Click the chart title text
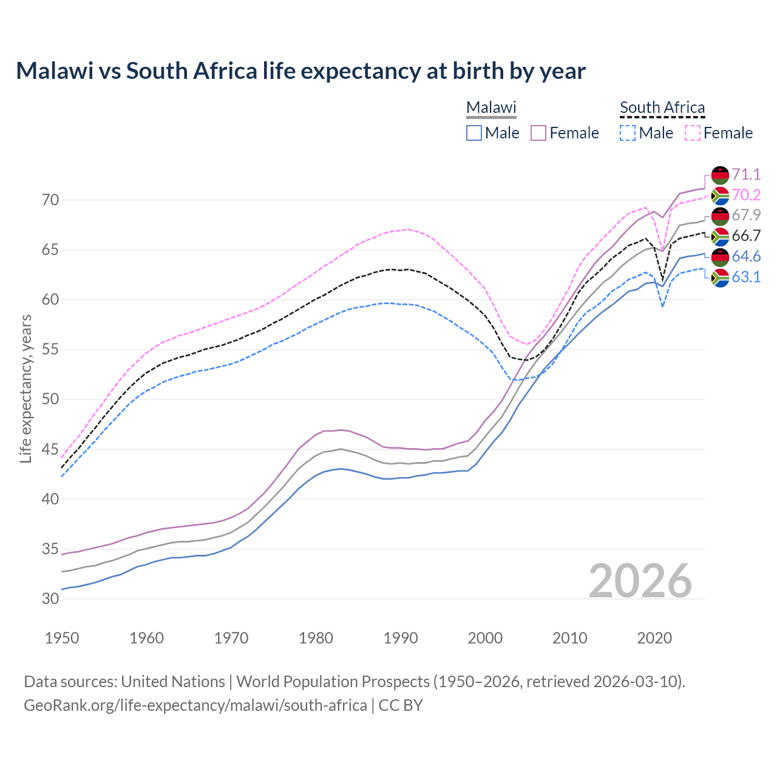(300, 71)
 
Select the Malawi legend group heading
(490, 107)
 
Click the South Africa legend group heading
(662, 107)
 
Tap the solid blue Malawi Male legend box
(474, 133)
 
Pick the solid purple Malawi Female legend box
(539, 133)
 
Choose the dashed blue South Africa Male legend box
(628, 133)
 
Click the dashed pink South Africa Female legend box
(693, 133)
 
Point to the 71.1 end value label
(746, 174)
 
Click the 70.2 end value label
(746, 195)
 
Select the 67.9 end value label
(746, 215)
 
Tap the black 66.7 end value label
(746, 236)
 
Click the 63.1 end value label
(746, 277)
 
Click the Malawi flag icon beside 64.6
(720, 257)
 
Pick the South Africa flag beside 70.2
(720, 195)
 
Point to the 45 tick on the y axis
(51, 449)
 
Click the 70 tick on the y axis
(51, 200)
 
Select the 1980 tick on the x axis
(316, 638)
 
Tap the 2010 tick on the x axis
(569, 638)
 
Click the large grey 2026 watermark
(640, 581)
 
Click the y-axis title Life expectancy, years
(26, 388)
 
